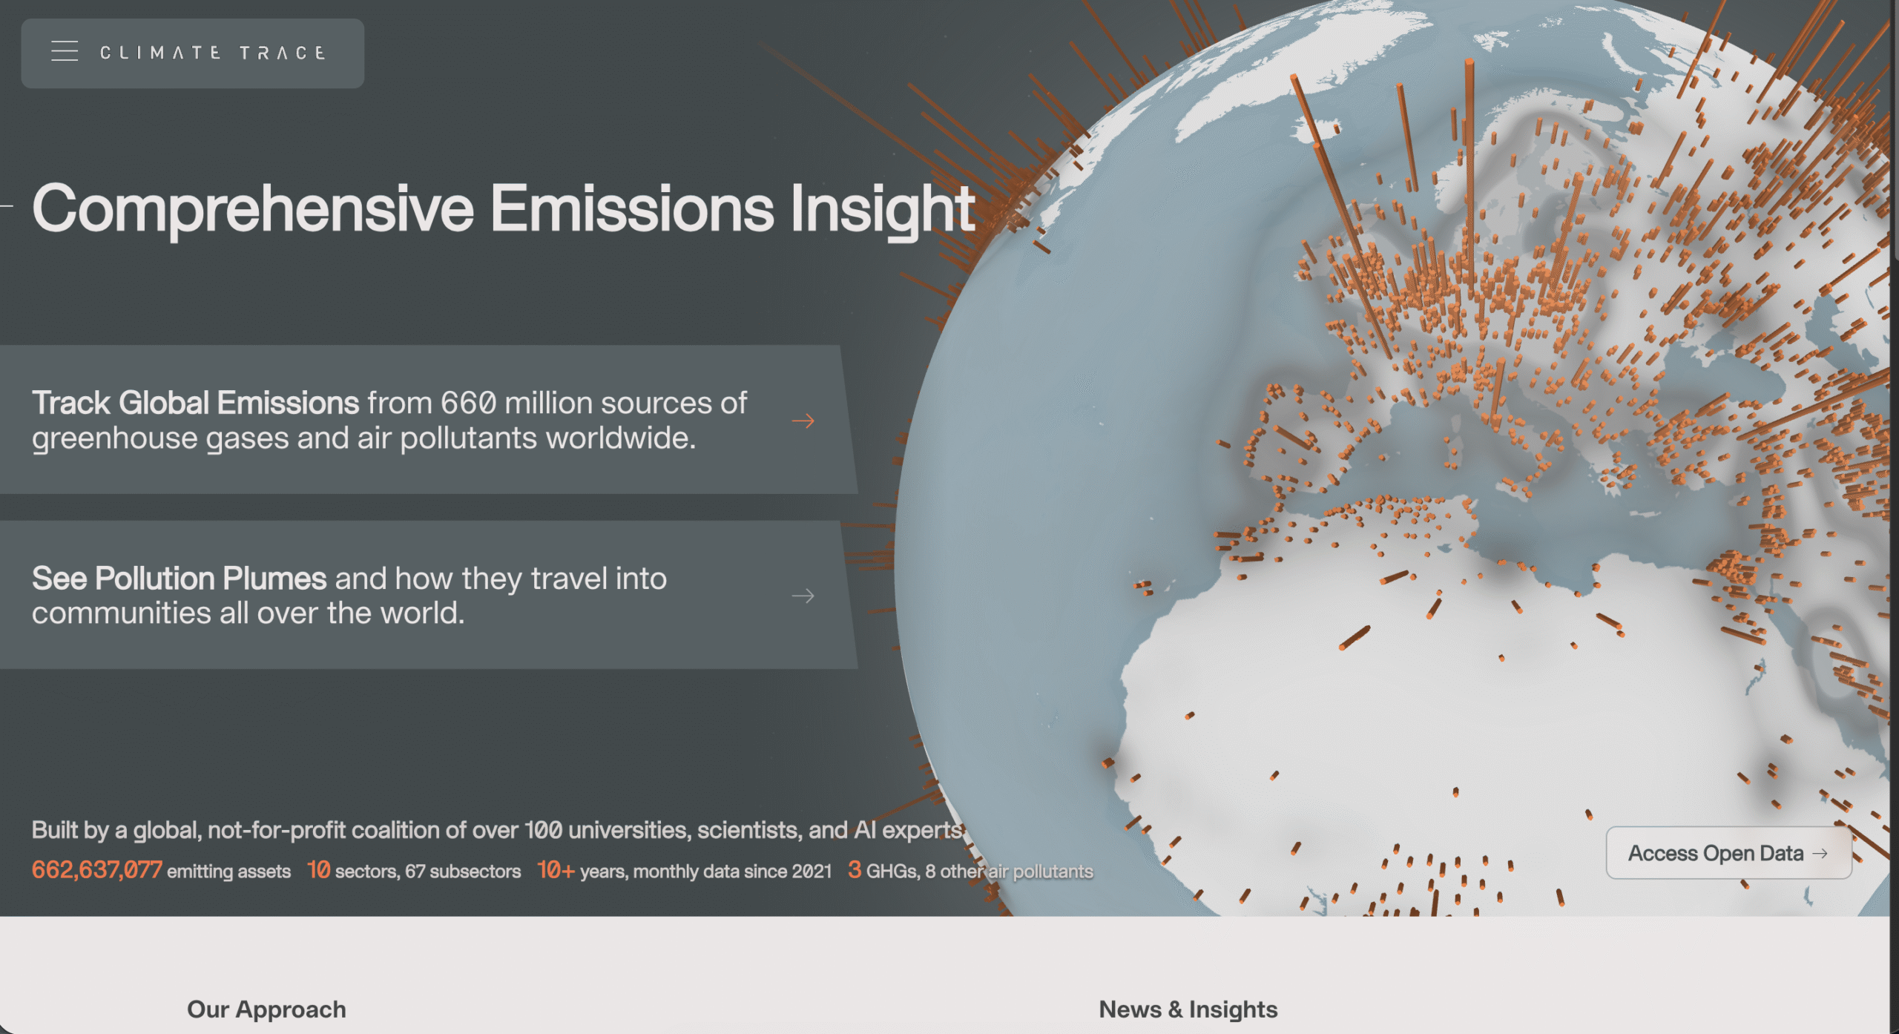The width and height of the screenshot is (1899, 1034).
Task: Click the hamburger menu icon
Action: pyautogui.click(x=65, y=51)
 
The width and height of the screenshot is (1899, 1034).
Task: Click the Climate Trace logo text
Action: pyautogui.click(x=213, y=53)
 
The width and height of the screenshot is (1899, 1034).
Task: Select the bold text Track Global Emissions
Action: pyautogui.click(x=196, y=403)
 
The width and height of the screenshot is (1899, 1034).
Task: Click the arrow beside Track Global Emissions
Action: pyautogui.click(x=803, y=421)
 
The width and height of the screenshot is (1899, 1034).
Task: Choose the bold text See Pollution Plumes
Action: pyautogui.click(x=179, y=579)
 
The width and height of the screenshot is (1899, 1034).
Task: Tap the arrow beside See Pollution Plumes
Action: pyautogui.click(x=803, y=596)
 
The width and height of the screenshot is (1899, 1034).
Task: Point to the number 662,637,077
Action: pyautogui.click(x=97, y=870)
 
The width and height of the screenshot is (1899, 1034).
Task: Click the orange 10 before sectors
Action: pyautogui.click(x=319, y=870)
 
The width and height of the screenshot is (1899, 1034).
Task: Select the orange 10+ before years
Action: pyautogui.click(x=556, y=870)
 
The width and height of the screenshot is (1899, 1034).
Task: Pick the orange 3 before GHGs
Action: pyautogui.click(x=855, y=870)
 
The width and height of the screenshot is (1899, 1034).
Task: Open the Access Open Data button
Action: pyautogui.click(x=1728, y=853)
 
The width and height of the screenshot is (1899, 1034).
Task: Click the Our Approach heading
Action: pyautogui.click(x=266, y=1010)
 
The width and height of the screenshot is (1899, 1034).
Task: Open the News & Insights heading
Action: pyautogui.click(x=1188, y=1010)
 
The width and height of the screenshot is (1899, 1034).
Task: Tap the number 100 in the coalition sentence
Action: pyautogui.click(x=544, y=830)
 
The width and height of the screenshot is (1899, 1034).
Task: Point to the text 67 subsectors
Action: pyautogui.click(x=463, y=872)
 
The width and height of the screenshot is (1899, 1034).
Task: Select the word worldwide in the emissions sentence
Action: pyautogui.click(x=621, y=438)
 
